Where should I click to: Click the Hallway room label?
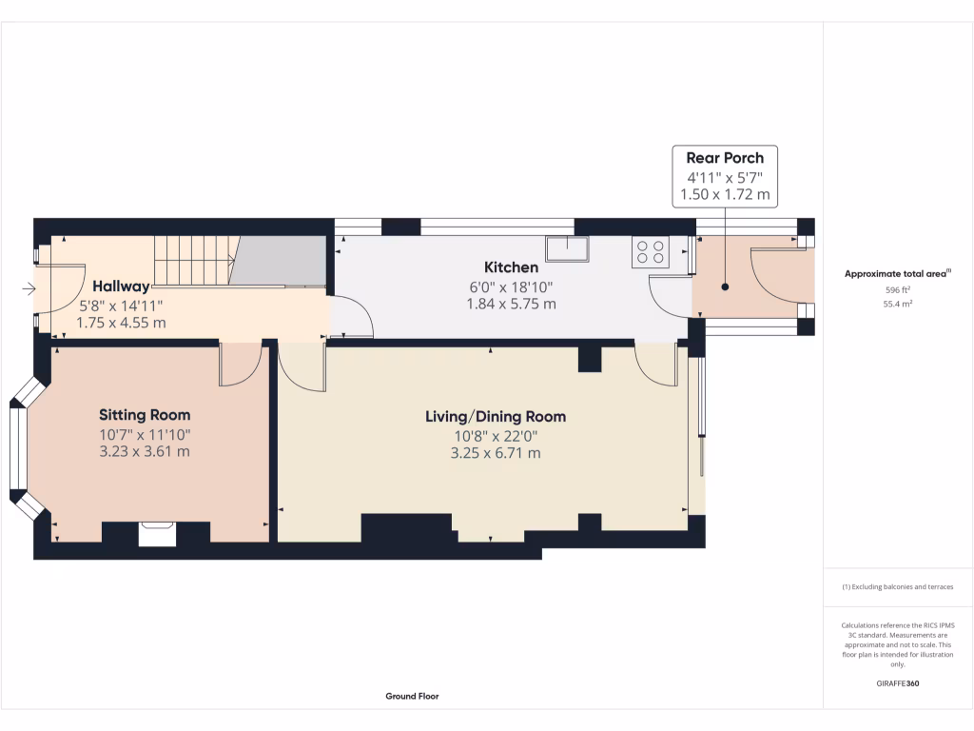pyautogui.click(x=121, y=286)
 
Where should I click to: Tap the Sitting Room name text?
pyautogui.click(x=145, y=415)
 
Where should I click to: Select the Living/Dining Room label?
pyautogui.click(x=495, y=417)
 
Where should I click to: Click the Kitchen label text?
pyautogui.click(x=511, y=267)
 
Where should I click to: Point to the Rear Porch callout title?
pyautogui.click(x=725, y=157)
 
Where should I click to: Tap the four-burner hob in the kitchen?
pyautogui.click(x=651, y=252)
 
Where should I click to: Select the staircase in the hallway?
pyautogui.click(x=194, y=260)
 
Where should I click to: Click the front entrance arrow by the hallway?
pyautogui.click(x=29, y=288)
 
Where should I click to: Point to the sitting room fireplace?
pyautogui.click(x=157, y=533)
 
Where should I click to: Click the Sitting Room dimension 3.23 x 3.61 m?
pyautogui.click(x=145, y=451)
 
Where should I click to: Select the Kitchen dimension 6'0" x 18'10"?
pyautogui.click(x=511, y=286)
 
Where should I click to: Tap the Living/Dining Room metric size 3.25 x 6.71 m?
pyautogui.click(x=495, y=453)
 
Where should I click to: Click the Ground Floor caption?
pyautogui.click(x=412, y=697)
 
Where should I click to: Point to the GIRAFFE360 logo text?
pyautogui.click(x=898, y=683)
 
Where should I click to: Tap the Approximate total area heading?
pyautogui.click(x=897, y=274)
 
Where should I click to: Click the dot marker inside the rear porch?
pyautogui.click(x=724, y=286)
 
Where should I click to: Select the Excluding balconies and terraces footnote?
pyautogui.click(x=898, y=587)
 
